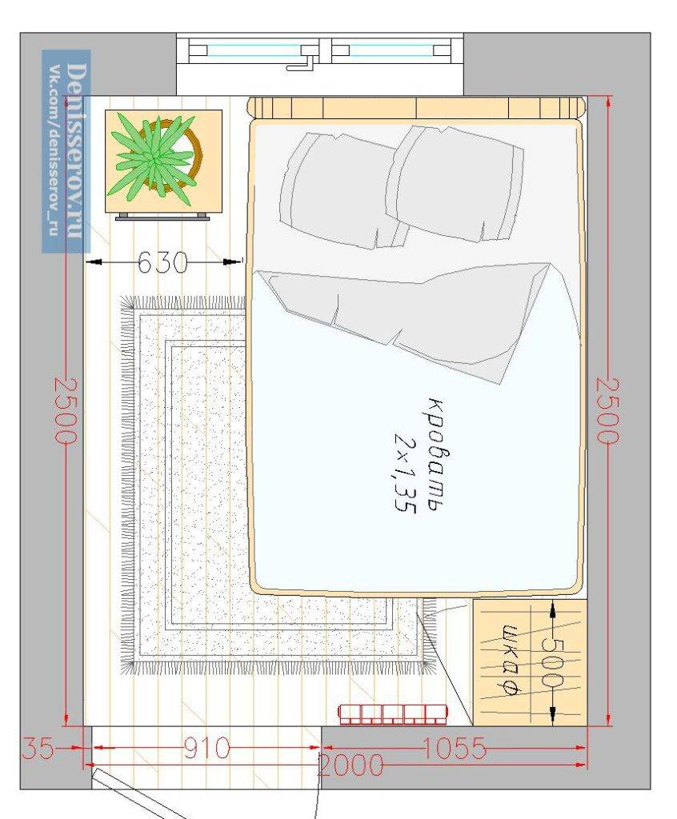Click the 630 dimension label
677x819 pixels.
(162, 262)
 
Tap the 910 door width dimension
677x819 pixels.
(207, 748)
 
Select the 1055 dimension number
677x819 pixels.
(454, 748)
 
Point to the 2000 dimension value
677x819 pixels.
(351, 765)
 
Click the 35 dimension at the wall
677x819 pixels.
(38, 748)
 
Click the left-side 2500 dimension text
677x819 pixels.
(66, 411)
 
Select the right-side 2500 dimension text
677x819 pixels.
(608, 411)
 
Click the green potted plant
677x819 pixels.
(155, 159)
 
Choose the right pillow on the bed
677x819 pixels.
(455, 185)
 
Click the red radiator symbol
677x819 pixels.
(394, 714)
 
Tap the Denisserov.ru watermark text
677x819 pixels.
(76, 150)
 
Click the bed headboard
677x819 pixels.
(416, 108)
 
